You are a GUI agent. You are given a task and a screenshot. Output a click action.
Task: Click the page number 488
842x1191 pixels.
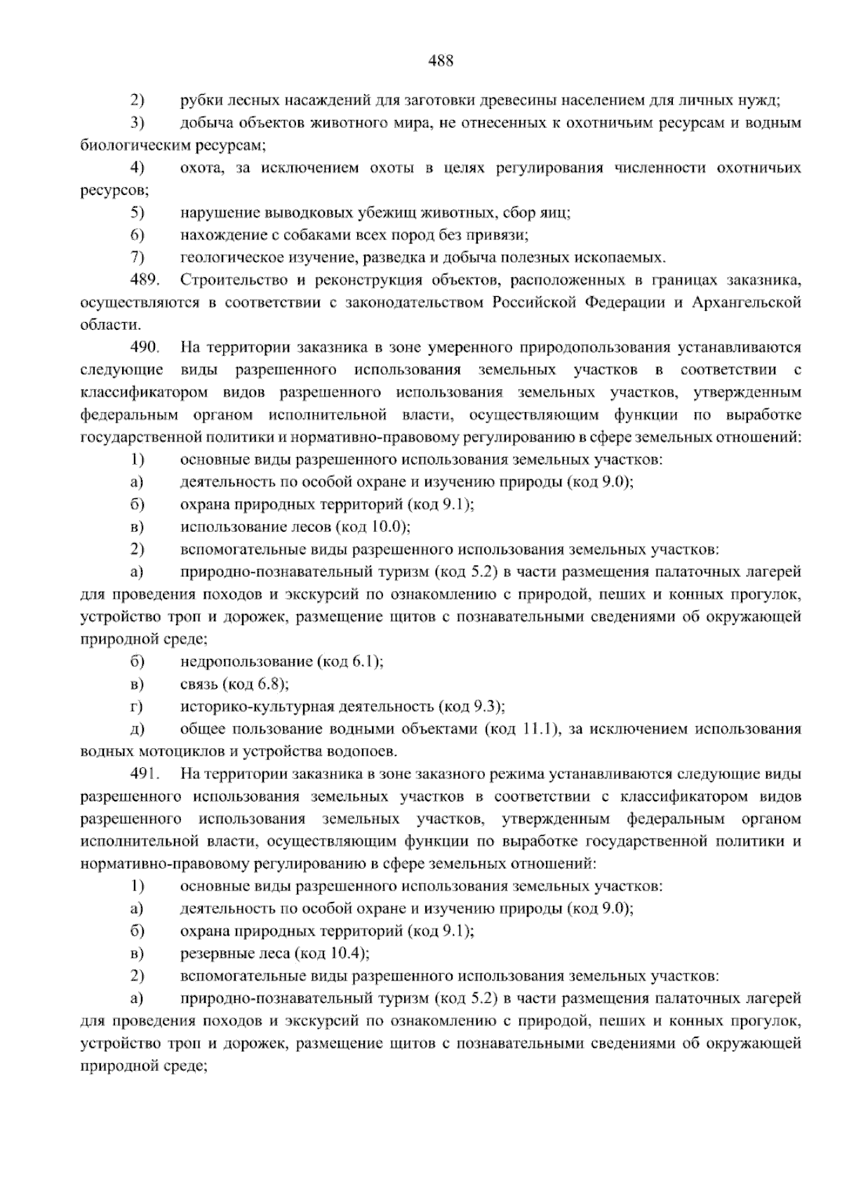[x=441, y=61]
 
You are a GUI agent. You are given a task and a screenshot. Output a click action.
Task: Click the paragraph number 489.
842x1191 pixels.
[x=145, y=281]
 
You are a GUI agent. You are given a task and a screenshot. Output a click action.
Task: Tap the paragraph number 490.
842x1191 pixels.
[x=145, y=347]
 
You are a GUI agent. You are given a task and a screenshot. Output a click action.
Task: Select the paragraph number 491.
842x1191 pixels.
[x=145, y=775]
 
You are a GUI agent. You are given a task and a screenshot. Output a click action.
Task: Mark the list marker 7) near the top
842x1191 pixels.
[x=137, y=258]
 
